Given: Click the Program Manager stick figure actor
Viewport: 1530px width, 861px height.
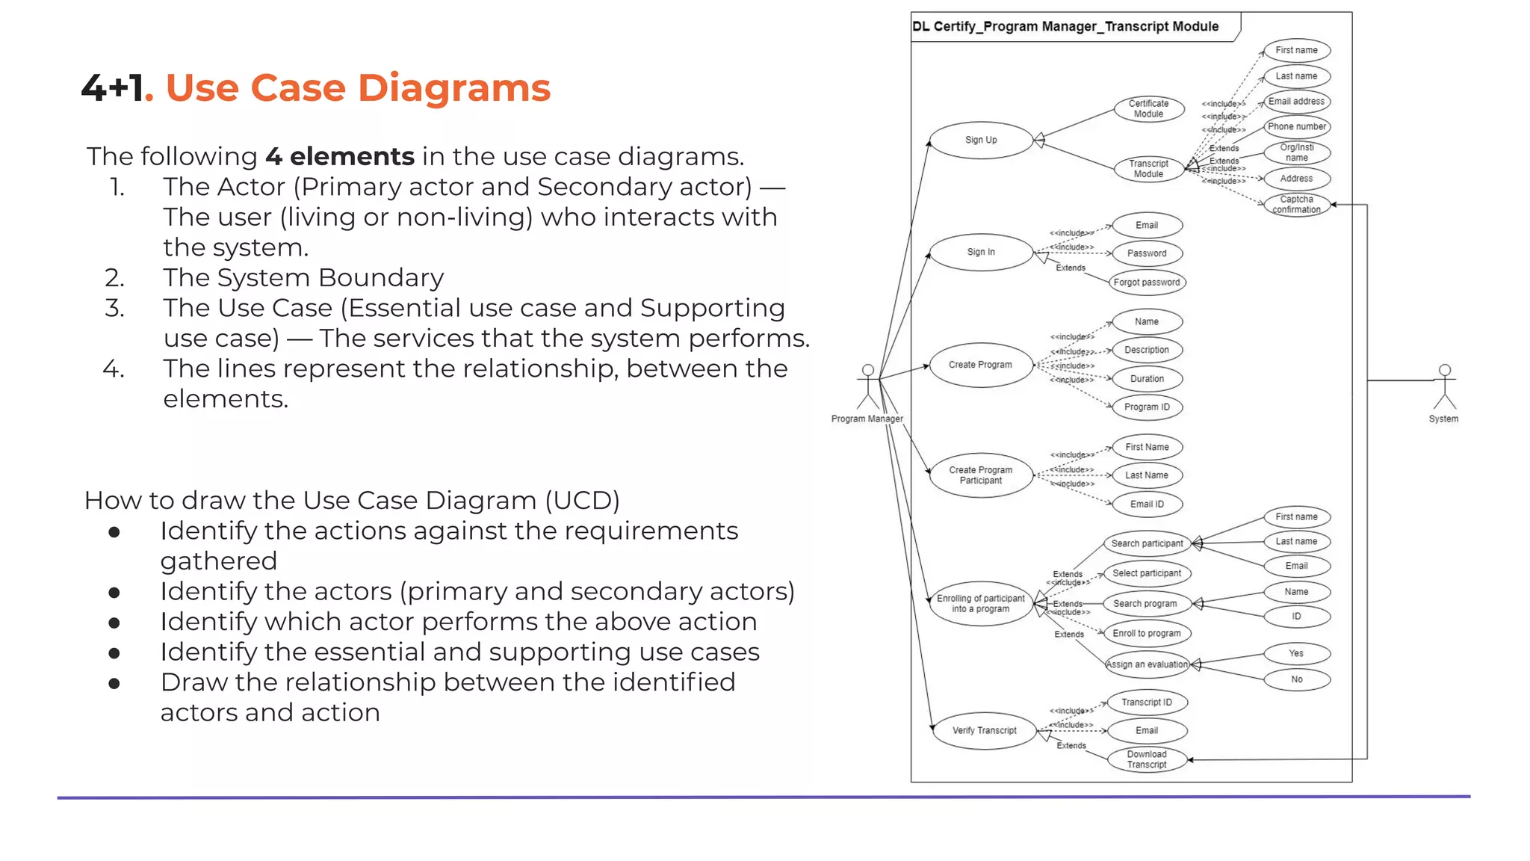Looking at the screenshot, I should (867, 386).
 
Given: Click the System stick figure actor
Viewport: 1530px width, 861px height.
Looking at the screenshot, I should (1444, 386).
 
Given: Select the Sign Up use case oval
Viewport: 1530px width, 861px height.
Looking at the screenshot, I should (981, 140).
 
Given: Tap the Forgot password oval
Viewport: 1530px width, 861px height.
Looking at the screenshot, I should (1147, 283).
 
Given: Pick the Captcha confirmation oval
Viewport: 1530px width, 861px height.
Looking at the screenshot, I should (1296, 204).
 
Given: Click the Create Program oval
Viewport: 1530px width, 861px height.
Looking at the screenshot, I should (981, 365).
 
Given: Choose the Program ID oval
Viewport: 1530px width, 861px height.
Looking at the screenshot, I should (1147, 407).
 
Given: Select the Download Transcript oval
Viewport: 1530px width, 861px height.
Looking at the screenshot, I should (1147, 759).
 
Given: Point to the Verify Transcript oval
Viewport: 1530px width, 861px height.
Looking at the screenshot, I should (984, 730).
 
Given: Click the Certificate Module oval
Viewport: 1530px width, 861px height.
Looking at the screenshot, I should (1148, 109).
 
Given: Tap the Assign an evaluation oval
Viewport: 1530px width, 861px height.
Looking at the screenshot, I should (1147, 664).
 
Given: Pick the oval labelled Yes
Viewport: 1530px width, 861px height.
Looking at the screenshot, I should (1296, 653).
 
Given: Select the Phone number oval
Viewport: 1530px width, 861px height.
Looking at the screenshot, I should (1296, 126).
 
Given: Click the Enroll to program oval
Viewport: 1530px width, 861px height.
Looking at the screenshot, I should (1147, 633).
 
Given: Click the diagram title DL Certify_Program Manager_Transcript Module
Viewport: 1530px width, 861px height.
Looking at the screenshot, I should (1065, 26).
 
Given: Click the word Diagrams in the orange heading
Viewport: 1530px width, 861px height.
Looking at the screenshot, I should (453, 88).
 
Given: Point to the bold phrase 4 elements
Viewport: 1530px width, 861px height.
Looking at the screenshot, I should (340, 156).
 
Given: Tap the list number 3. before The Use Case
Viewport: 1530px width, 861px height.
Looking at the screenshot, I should (114, 308).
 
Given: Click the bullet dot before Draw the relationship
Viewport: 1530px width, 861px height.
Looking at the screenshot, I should (114, 683).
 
